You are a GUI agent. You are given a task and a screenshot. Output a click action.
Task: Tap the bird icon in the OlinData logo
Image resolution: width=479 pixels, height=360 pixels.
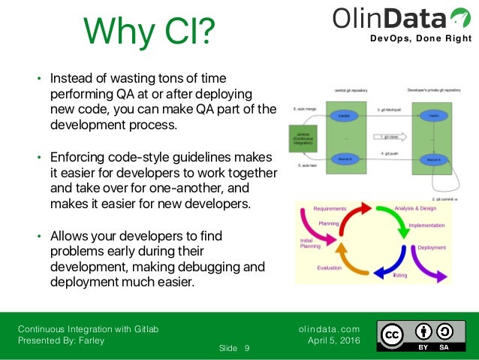point(455,16)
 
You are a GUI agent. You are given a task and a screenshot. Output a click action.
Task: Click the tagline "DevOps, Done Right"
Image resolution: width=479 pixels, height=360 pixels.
point(421,39)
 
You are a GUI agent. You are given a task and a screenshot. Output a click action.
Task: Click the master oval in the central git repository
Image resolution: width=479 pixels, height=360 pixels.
point(345,116)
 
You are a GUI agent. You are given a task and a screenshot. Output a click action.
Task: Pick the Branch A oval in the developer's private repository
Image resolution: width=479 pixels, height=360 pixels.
point(432,159)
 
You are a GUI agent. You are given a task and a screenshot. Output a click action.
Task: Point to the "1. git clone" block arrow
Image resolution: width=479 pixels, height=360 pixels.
point(390,137)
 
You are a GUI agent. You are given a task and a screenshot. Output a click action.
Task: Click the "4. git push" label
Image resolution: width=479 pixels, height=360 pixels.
point(389,153)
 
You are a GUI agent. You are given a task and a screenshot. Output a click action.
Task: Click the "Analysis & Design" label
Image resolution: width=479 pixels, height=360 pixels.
point(414,207)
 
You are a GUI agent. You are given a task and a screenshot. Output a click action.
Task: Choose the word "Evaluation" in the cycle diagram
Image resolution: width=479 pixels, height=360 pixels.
point(329,267)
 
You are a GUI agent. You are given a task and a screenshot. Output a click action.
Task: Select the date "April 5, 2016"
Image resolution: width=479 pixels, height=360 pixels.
point(334,340)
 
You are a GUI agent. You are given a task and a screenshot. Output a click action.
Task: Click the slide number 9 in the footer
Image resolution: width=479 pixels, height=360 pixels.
point(247,348)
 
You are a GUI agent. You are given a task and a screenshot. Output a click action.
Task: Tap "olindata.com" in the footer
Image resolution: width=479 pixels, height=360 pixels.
point(329,328)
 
